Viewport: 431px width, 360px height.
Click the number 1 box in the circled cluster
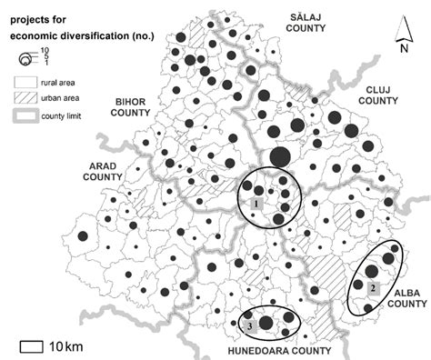point(258,204)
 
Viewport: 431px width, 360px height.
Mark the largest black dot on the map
point(280,155)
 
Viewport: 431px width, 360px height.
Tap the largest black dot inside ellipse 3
point(266,322)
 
